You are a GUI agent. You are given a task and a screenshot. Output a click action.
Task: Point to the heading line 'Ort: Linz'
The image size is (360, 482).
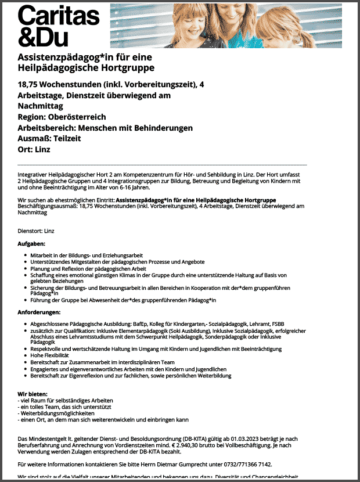(x=34, y=149)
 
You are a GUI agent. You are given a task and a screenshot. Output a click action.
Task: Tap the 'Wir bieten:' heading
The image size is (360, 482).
(x=33, y=394)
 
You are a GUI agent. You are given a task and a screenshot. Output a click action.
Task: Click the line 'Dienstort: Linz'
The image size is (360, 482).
(x=36, y=231)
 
